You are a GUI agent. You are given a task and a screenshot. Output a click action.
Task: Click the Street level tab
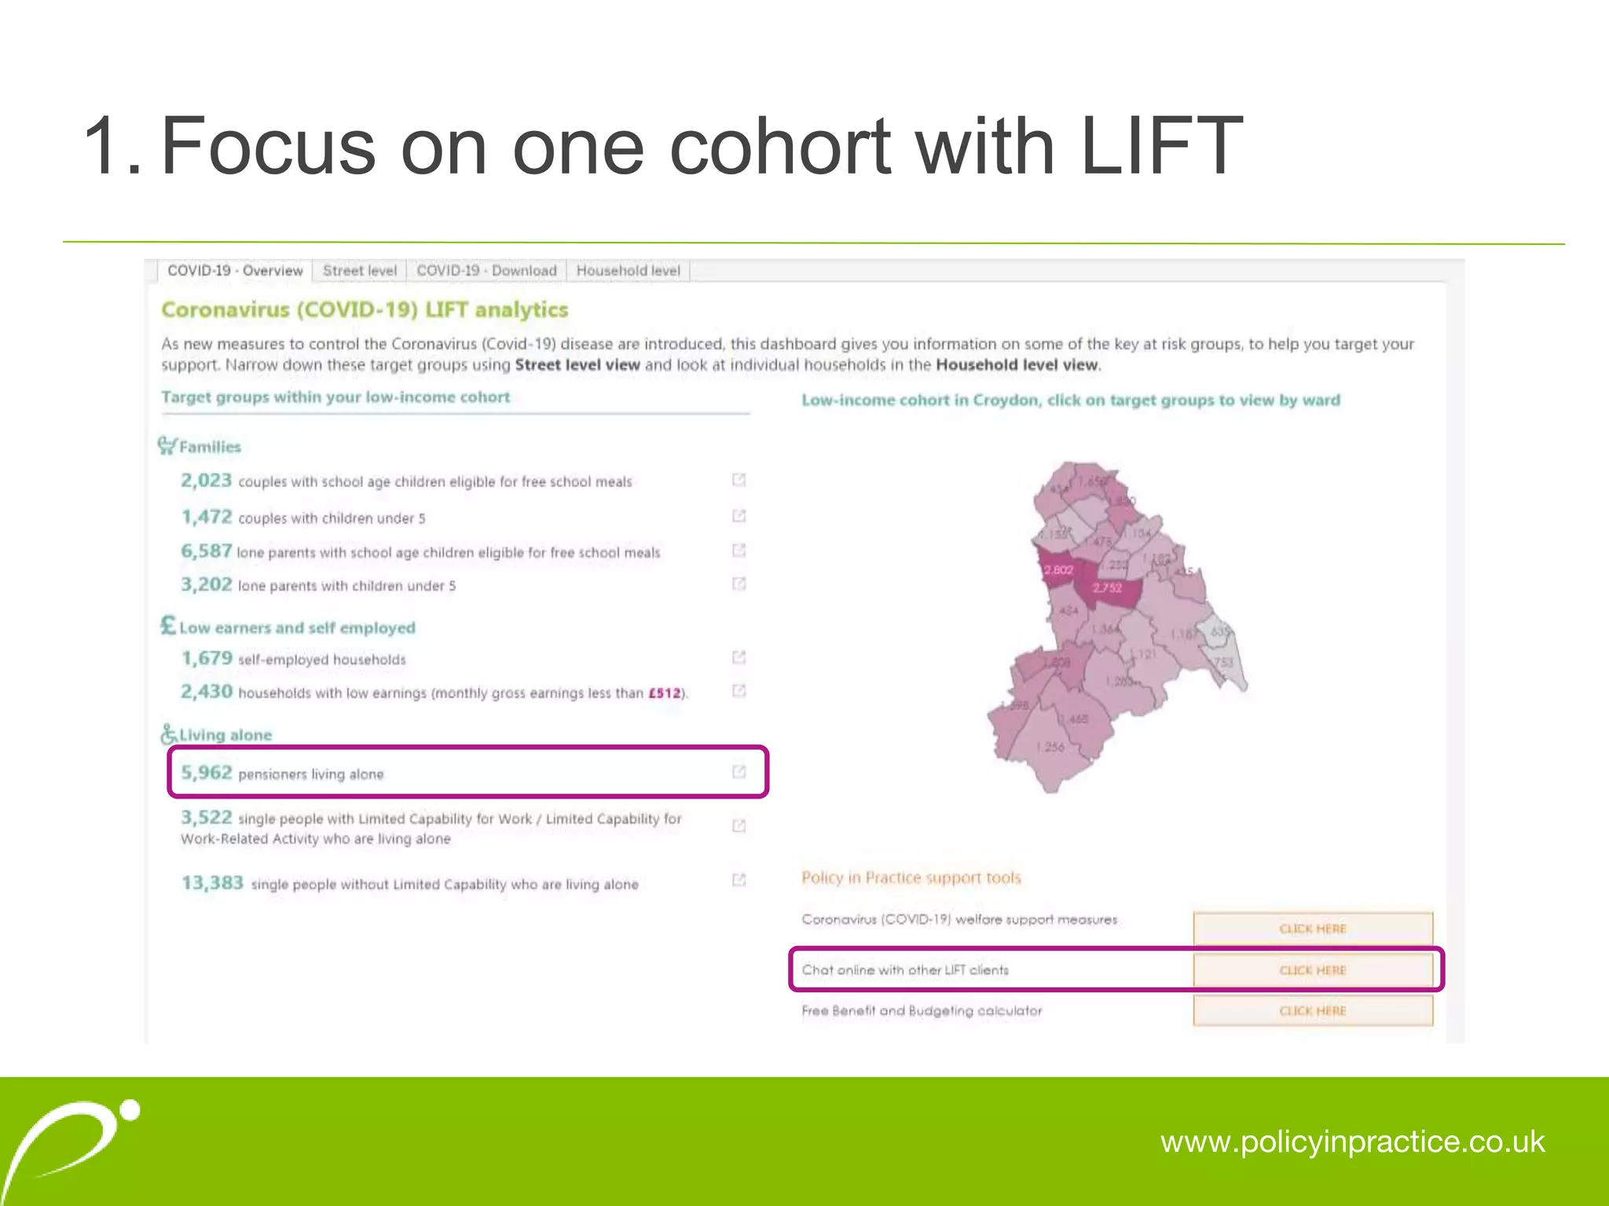point(360,271)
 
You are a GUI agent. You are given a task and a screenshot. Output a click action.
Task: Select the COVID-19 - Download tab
point(486,271)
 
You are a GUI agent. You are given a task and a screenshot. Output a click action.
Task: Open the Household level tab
point(628,271)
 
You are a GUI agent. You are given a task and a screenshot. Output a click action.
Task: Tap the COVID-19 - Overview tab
point(235,271)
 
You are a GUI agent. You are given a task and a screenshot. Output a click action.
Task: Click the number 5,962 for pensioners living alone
point(207,773)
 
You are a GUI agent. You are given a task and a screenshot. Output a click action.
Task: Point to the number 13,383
point(212,883)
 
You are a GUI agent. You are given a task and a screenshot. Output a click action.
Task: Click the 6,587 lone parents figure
point(207,551)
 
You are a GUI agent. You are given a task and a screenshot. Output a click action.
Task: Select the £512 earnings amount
point(664,693)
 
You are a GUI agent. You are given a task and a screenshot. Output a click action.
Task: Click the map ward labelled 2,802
point(1057,570)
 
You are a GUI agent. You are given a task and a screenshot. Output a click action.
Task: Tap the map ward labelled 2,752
point(1107,588)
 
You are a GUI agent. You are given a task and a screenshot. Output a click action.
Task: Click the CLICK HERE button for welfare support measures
point(1312,928)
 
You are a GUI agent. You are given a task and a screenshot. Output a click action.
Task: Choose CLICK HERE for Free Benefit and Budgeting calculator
point(1312,1010)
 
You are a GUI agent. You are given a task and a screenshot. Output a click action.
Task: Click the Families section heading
point(210,447)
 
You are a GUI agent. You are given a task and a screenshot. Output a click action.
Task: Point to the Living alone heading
point(225,735)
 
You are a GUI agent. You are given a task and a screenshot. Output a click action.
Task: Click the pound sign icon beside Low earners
point(168,626)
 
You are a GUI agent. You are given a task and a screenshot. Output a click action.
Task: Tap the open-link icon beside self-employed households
point(739,657)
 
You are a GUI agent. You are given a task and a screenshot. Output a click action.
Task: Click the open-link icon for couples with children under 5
point(739,516)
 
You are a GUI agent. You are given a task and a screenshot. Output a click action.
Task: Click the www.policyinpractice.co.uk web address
point(1352,1142)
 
